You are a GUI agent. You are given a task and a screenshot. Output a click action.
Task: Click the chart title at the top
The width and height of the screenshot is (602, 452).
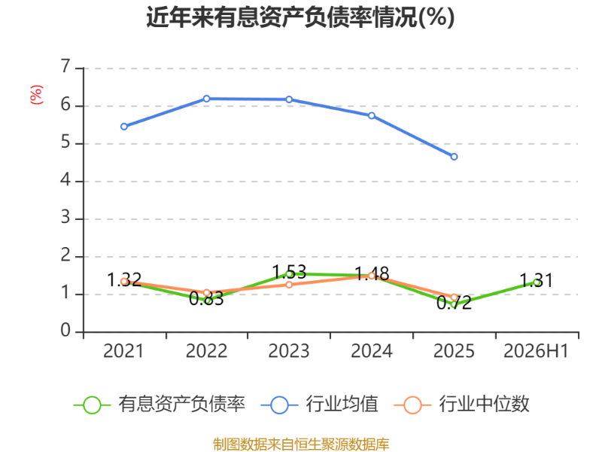pos(300,17)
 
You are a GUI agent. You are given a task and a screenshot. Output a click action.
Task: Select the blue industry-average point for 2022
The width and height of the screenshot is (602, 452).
pos(206,99)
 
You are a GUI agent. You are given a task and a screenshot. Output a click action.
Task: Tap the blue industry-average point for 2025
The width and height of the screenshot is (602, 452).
pos(455,157)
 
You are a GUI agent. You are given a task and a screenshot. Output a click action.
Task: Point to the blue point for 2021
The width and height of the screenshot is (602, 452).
pos(124,127)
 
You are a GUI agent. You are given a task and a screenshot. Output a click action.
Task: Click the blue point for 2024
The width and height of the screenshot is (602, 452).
pos(372,115)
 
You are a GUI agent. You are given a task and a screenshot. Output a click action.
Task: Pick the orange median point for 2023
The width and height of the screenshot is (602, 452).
pos(289,285)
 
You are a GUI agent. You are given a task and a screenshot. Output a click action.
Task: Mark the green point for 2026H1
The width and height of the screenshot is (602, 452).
pos(537,282)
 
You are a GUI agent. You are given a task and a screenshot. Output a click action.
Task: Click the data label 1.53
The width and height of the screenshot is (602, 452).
pos(289,272)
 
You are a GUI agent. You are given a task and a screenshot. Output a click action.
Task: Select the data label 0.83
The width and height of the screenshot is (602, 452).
pos(206,298)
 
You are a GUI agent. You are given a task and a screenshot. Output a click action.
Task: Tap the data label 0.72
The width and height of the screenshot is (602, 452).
pos(455,303)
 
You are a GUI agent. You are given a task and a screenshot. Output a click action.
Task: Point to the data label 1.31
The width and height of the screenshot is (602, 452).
pos(537,280)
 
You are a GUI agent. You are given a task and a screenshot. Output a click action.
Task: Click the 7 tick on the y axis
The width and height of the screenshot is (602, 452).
pos(65,66)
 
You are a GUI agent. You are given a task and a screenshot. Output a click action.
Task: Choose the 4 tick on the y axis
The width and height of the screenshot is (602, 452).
pos(65,179)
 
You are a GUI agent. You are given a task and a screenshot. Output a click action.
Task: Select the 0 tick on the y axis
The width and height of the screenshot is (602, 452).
pos(65,330)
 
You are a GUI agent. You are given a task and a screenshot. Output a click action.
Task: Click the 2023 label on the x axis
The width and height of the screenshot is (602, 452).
pos(289,351)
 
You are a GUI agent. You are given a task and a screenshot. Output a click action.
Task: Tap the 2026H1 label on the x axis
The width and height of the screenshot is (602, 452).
pos(536,351)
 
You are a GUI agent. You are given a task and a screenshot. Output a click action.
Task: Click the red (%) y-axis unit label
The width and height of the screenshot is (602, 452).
pos(36,95)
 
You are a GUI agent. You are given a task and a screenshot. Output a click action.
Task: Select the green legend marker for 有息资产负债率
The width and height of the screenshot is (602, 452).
pos(92,405)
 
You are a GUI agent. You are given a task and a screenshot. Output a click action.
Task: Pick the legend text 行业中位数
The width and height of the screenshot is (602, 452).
pos(484,404)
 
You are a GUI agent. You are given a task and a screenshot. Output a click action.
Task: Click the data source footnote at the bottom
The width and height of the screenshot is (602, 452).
pos(301,444)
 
